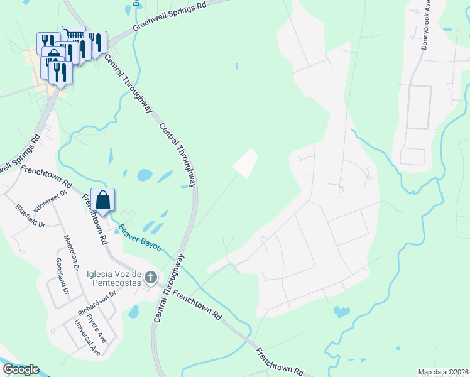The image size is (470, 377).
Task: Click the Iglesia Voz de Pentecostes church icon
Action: click(x=150, y=277)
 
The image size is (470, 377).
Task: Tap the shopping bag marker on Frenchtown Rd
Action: click(x=103, y=200)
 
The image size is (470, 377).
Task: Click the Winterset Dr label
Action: click(x=50, y=202)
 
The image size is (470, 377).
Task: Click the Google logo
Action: click(x=21, y=369)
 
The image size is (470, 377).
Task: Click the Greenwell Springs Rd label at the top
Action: click(x=170, y=16)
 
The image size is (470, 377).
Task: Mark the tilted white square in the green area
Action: click(x=246, y=163)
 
